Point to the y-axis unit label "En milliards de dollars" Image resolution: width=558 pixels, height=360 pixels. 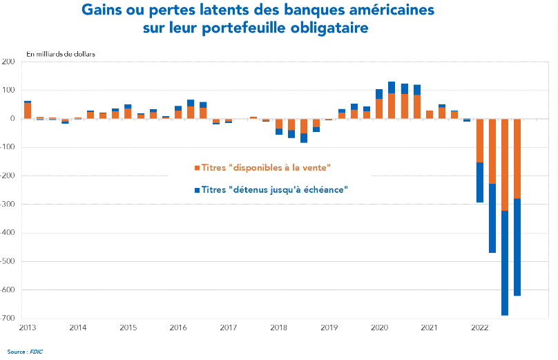61,54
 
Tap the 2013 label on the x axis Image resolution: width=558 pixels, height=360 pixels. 28,327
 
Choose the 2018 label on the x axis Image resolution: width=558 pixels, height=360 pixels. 279,327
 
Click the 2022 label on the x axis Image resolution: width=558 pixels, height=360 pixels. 480,327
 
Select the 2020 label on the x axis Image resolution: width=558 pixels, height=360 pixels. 379,327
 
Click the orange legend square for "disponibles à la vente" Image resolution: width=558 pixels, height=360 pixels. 198,168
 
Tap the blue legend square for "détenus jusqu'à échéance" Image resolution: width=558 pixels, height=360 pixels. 198,189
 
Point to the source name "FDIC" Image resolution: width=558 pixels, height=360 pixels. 36,351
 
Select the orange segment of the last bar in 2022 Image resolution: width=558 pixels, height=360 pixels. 517,158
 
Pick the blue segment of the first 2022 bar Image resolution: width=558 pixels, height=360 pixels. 480,182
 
